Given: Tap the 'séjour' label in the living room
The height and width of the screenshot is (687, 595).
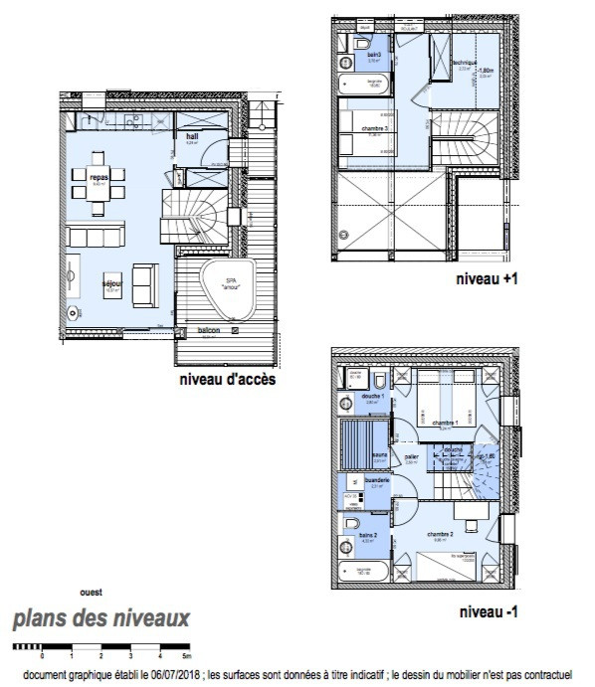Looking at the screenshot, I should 112,283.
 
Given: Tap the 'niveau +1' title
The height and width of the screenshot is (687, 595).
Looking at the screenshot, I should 487,279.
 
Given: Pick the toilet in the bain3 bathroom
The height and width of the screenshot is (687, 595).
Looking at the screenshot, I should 361,47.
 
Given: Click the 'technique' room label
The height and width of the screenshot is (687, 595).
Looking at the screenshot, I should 464,63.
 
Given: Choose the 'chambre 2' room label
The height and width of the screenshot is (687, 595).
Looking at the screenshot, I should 440,533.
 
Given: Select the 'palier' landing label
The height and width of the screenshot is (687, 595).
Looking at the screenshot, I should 410,459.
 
